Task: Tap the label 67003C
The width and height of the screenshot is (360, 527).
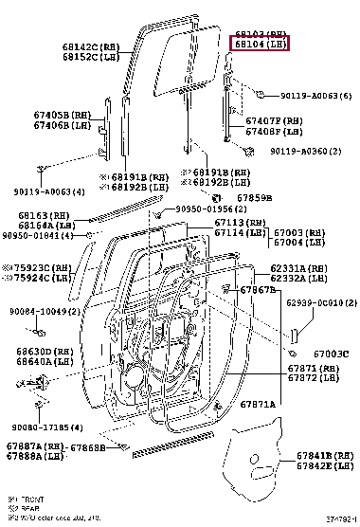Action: pos(332,354)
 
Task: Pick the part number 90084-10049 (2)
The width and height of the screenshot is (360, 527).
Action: pos(41,312)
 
